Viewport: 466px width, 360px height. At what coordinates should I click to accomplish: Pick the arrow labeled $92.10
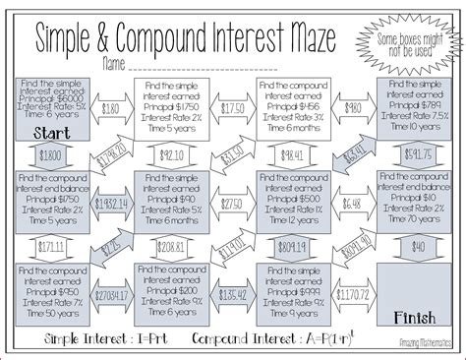(x=172, y=155)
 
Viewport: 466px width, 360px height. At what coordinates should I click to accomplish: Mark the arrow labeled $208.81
(x=172, y=246)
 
